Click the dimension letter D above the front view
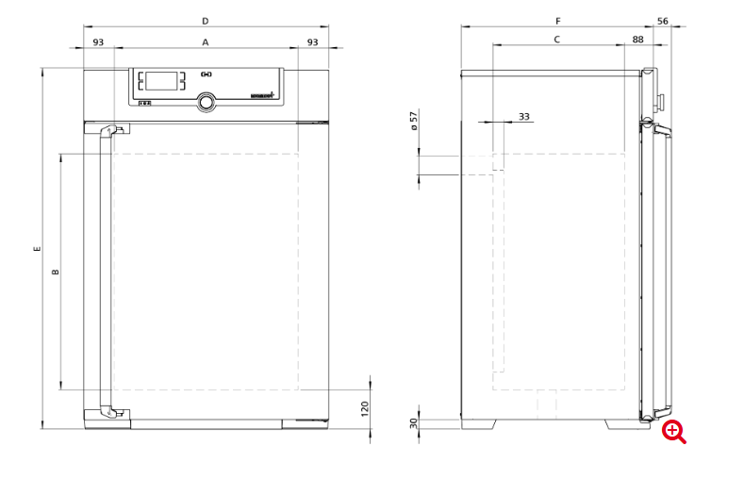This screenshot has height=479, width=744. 205,20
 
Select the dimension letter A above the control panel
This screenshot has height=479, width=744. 205,42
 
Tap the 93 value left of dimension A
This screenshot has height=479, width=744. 98,42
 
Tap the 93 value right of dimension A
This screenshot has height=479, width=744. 312,42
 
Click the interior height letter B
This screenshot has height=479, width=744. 55,272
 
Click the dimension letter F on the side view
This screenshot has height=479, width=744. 557,20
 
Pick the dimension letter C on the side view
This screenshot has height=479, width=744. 557,39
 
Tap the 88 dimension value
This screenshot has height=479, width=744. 638,39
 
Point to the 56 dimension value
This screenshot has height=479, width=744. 662,20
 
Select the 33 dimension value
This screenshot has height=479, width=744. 524,116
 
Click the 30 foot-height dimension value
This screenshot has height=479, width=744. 413,423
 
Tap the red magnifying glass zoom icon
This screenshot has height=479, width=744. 673,432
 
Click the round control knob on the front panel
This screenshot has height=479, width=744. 206,102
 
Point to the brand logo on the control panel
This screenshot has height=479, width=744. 260,96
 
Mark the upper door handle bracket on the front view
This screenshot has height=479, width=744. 111,132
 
